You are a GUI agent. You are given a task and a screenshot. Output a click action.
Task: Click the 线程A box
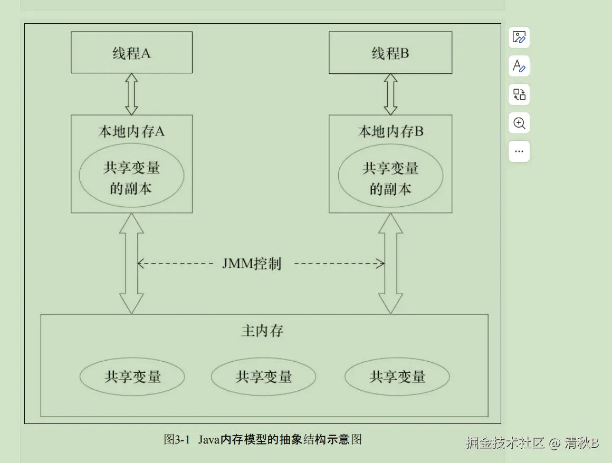[131, 53]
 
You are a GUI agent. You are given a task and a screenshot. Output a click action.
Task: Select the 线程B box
[390, 53]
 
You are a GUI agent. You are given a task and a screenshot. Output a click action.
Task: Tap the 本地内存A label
[131, 131]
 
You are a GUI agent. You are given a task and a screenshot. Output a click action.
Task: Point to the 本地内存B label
[390, 131]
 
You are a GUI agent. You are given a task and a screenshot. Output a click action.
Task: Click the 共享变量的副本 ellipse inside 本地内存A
[131, 178]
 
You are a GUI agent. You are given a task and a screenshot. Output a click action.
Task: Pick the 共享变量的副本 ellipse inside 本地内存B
[390, 178]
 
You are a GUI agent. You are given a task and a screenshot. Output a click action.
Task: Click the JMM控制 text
[252, 264]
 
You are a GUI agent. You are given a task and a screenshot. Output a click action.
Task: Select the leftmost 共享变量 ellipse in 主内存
[132, 377]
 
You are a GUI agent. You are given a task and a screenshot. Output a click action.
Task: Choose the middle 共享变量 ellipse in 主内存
[263, 377]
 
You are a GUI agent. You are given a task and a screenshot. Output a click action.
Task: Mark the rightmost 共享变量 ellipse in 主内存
[397, 377]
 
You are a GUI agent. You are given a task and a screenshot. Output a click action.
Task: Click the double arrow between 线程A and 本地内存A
[131, 94]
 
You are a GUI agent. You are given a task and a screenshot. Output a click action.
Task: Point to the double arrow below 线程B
[390, 94]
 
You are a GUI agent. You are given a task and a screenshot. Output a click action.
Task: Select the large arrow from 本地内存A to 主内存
[131, 263]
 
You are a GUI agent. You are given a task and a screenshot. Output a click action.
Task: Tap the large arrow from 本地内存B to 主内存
[390, 263]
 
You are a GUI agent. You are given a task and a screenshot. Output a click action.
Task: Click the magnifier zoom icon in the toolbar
[519, 123]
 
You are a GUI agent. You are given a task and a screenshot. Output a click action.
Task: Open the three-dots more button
[519, 151]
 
